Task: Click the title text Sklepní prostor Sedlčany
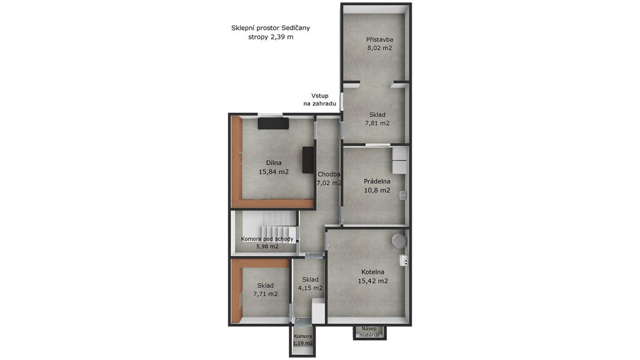coord(270,28)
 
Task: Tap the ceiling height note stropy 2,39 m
coord(271,37)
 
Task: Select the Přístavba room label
coord(379,39)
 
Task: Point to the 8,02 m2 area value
coord(379,47)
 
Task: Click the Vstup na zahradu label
coord(319,99)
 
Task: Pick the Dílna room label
coord(274,163)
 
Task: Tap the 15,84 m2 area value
coord(274,172)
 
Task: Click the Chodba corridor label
coord(329,174)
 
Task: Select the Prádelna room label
coord(377,181)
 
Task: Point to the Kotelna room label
coord(372,272)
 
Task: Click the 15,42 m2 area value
coord(372,281)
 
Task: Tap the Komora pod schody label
coord(267,239)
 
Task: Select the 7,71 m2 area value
coord(265,294)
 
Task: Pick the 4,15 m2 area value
coord(310,287)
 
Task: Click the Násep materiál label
coord(369,332)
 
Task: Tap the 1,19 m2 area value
coord(303,343)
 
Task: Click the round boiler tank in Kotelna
coord(399,240)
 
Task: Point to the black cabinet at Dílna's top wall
coord(273,123)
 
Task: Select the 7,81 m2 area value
coord(377,123)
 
